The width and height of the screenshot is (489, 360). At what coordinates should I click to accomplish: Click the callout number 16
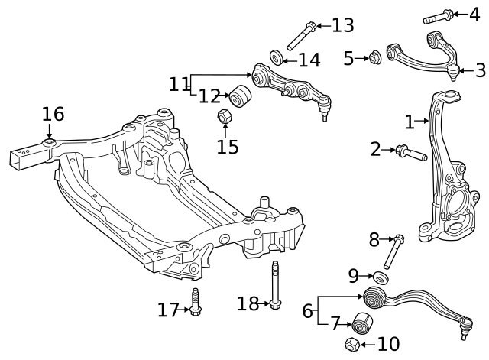(x=53, y=114)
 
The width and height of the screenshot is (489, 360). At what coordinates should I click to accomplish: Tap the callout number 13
(x=342, y=25)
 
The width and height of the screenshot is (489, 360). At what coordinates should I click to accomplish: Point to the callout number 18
(x=248, y=303)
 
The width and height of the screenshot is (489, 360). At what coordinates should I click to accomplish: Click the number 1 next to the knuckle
(x=409, y=121)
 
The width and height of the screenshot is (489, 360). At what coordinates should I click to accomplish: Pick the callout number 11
(x=179, y=83)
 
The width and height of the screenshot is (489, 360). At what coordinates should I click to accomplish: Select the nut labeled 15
(x=225, y=117)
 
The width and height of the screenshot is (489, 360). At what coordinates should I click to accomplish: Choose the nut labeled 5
(x=375, y=57)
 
